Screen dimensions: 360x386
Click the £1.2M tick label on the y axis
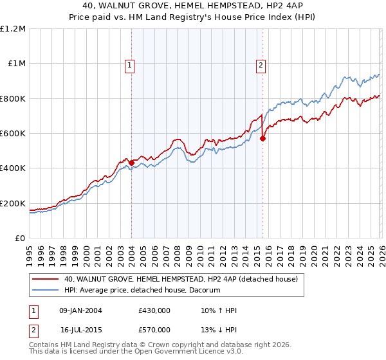tap(13, 29)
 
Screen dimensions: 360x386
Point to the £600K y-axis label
tap(13, 134)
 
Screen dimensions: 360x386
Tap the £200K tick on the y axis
tap(13, 203)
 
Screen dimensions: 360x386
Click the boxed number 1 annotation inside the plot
tap(130, 64)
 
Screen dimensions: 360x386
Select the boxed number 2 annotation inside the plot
tap(261, 64)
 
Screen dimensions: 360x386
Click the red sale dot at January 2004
tap(132, 163)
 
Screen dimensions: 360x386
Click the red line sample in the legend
tap(46, 280)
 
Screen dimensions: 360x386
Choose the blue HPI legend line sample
tap(46, 291)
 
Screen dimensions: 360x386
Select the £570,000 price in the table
tap(154, 330)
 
